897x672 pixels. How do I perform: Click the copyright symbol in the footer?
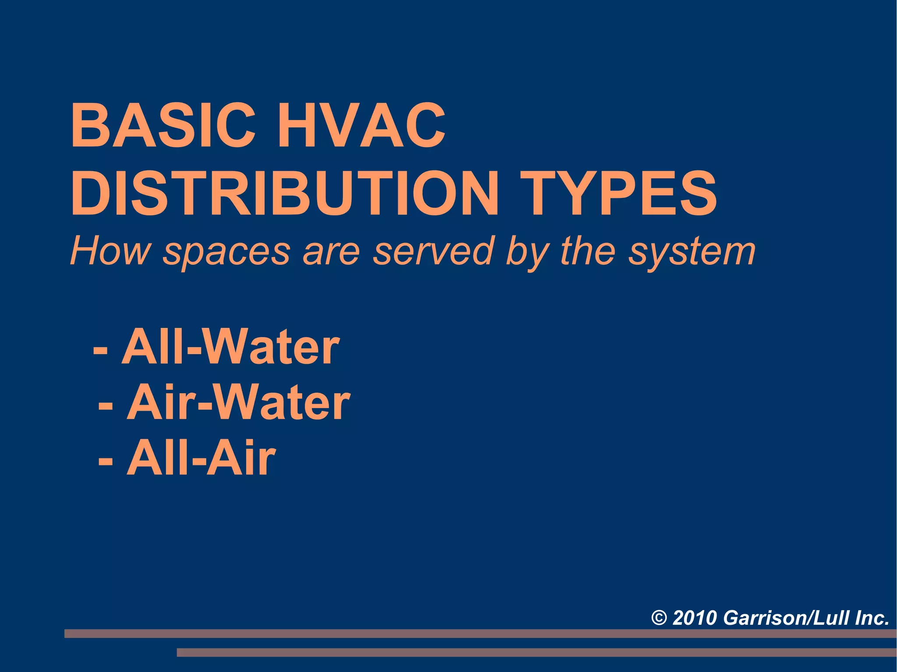pos(659,618)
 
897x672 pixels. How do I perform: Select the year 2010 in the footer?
pos(695,618)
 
